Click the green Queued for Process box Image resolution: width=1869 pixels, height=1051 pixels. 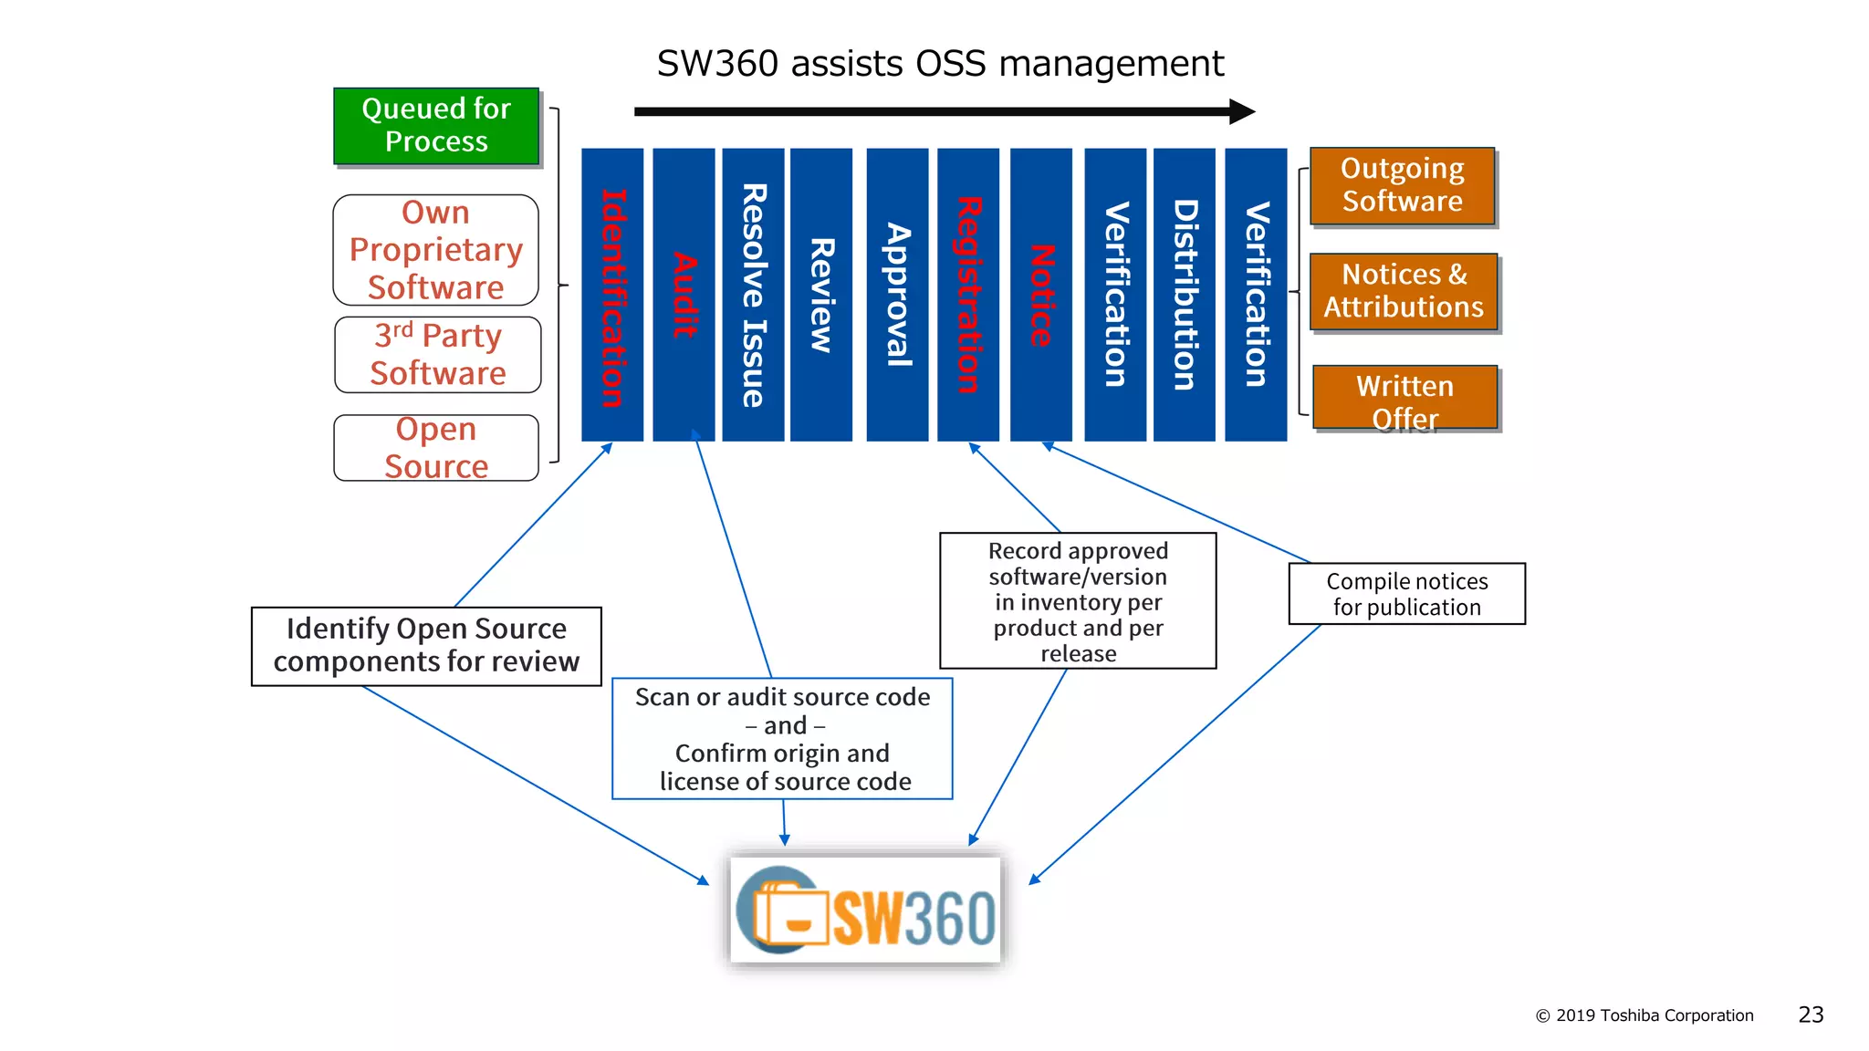pyautogui.click(x=436, y=126)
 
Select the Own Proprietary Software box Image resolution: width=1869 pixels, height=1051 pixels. pyautogui.click(x=436, y=250)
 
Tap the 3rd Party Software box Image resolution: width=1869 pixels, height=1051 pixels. pyautogui.click(x=438, y=355)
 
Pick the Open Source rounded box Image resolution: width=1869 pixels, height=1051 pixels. pyautogui.click(x=436, y=448)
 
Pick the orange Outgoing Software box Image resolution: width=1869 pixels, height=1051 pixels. pyautogui.click(x=1403, y=186)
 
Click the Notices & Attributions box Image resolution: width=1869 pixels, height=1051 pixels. pyautogui.click(x=1404, y=292)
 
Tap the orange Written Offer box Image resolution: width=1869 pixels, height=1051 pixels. pyautogui.click(x=1405, y=398)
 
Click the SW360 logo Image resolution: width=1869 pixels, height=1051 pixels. pyautogui.click(x=866, y=911)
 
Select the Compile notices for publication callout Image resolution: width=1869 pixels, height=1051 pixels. pyautogui.click(x=1406, y=594)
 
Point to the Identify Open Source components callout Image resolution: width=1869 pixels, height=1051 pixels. pyautogui.click(x=426, y=646)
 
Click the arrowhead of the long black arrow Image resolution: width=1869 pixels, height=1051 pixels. pyautogui.click(x=1243, y=112)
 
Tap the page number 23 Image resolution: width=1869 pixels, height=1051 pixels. pyautogui.click(x=1811, y=1015)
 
